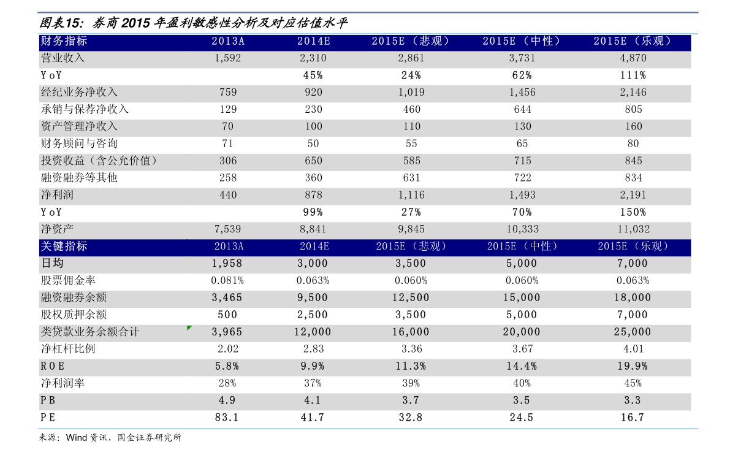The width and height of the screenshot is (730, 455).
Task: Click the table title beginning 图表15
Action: pos(193,23)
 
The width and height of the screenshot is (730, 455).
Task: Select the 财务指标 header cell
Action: pos(64,41)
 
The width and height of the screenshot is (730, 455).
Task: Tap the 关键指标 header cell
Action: pos(64,247)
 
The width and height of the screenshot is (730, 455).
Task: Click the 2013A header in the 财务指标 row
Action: pos(228,41)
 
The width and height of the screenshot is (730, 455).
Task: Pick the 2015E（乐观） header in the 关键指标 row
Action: pos(633,247)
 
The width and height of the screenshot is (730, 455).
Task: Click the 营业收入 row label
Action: pos(63,58)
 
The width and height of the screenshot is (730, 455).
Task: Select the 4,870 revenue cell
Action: pos(633,58)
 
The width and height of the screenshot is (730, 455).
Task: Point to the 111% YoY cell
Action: pos(633,75)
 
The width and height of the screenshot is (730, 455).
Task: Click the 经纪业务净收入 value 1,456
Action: pos(522,92)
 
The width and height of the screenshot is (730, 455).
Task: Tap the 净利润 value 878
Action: pos(313,195)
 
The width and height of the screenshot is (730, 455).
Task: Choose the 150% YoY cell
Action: pos(633,212)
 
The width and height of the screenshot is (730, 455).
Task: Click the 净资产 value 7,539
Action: pos(227,229)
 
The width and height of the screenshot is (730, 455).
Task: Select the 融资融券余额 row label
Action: pos(74,297)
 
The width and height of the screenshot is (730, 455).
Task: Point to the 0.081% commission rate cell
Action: pos(227,280)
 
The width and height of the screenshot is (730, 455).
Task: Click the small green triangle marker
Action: pos(189,328)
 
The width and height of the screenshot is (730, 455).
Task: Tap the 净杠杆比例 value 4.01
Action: pos(633,349)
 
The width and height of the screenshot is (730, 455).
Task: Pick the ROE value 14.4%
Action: pos(522,366)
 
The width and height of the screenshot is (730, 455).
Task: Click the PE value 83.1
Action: pos(227,417)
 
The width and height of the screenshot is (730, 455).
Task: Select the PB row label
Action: pos(48,400)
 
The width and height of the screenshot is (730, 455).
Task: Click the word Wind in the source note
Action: pos(77,438)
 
